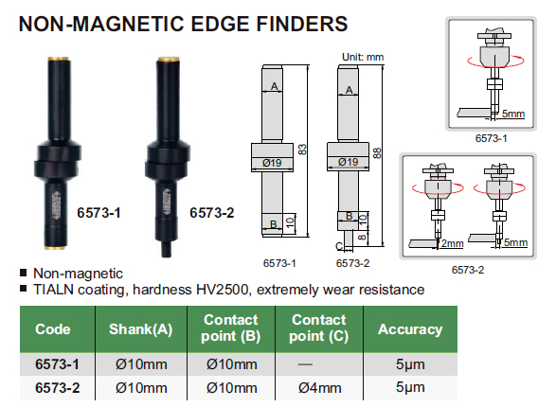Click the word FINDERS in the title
point(302,24)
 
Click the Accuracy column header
point(410,329)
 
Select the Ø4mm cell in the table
point(319,388)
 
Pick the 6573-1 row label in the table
point(57,364)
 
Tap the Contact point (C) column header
point(319,328)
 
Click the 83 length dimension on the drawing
point(302,150)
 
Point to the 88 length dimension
point(377,153)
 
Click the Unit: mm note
point(363,57)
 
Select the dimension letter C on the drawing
point(339,246)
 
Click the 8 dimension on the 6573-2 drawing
point(362,237)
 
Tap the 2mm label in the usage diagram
point(452,243)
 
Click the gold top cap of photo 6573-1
point(58,59)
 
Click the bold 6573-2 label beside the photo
point(212,213)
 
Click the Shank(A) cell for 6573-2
point(141,388)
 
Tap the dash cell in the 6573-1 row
point(305,364)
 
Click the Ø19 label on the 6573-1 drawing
point(272,163)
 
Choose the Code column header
point(53,329)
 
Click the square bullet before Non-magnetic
point(24,273)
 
